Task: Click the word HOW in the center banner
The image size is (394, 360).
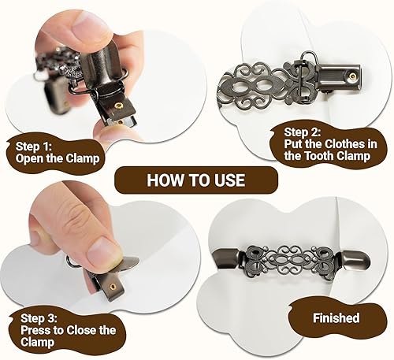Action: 162,180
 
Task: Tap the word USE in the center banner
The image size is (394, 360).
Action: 228,180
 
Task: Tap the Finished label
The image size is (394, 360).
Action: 334,318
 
